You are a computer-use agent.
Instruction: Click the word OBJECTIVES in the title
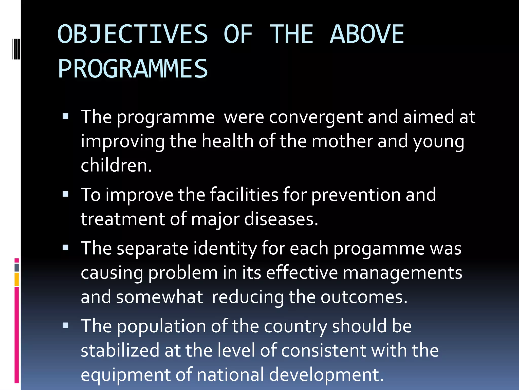coord(133,34)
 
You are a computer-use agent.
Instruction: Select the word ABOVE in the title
coord(367,34)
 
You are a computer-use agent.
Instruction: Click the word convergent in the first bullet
coord(316,117)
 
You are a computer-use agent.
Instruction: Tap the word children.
coord(116,166)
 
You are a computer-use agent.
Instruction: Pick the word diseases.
coord(281,219)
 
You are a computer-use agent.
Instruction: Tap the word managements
coord(402,273)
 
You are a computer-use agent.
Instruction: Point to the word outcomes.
coord(364,297)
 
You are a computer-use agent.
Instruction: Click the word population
coord(161,327)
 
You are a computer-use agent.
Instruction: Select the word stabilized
coord(120,350)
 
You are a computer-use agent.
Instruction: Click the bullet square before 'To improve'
coord(66,194)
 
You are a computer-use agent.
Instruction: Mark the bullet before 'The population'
coord(66,326)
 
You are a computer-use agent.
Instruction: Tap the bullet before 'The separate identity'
coord(66,248)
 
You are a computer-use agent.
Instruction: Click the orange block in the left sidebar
coord(16,279)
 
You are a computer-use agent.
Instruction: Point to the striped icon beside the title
coord(16,48)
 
